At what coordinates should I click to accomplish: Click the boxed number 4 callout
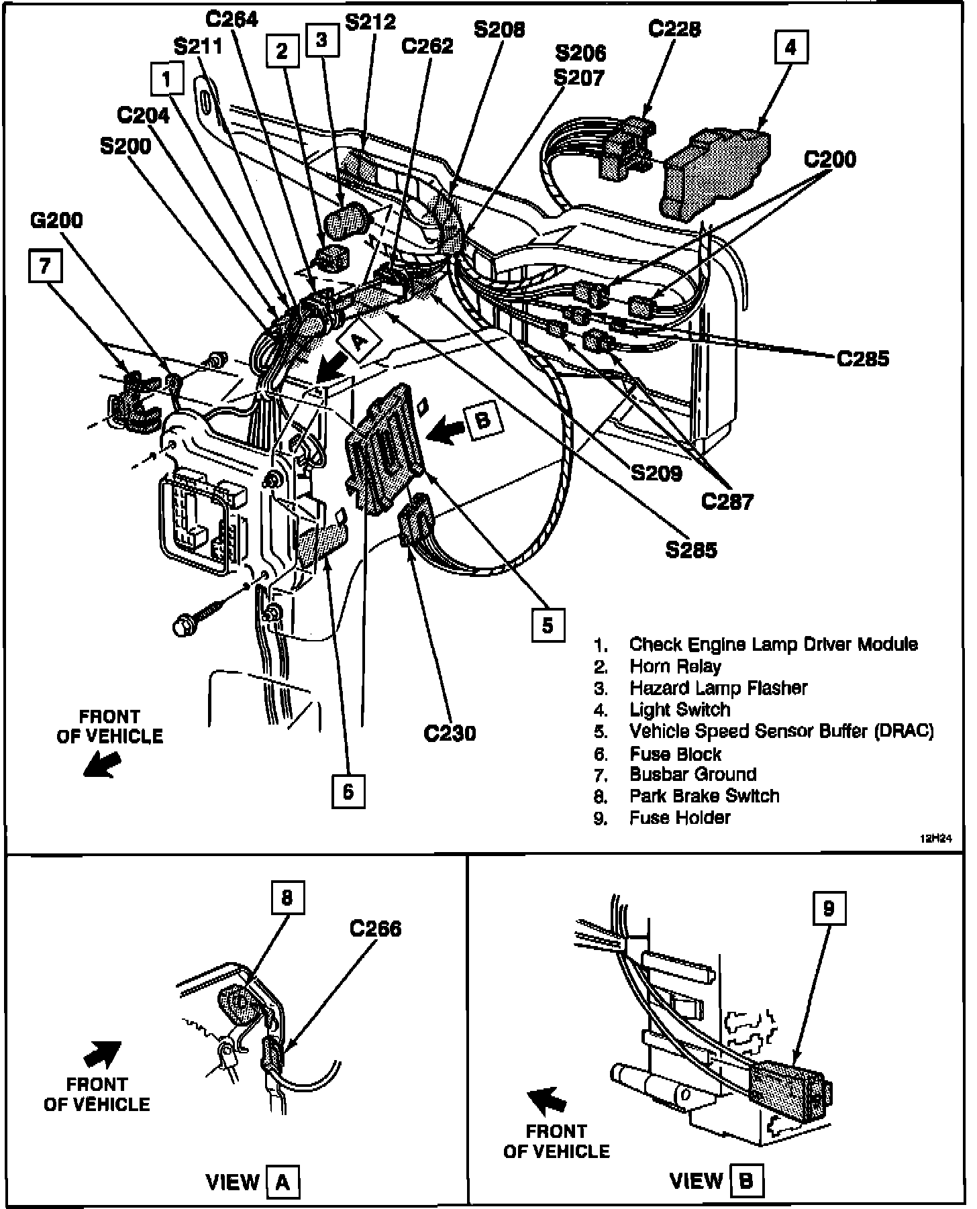tap(790, 47)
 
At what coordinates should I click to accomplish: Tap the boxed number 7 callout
tap(45, 266)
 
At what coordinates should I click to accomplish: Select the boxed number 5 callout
tap(548, 625)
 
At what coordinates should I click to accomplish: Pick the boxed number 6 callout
tap(348, 792)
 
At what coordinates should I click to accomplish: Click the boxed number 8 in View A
tap(287, 898)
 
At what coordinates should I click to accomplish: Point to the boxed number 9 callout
tap(829, 909)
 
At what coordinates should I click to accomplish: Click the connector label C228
tap(674, 29)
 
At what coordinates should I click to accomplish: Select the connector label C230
tap(450, 733)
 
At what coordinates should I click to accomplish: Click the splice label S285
tap(691, 550)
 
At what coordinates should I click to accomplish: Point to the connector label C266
tap(375, 929)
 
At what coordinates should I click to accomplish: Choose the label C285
tap(863, 359)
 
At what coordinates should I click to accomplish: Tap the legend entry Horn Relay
tap(675, 666)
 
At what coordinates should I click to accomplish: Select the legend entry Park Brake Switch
tap(704, 796)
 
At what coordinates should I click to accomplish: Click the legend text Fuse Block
tap(675, 754)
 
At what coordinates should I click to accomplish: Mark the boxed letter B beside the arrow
tap(483, 420)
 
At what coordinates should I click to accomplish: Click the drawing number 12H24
tap(935, 839)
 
